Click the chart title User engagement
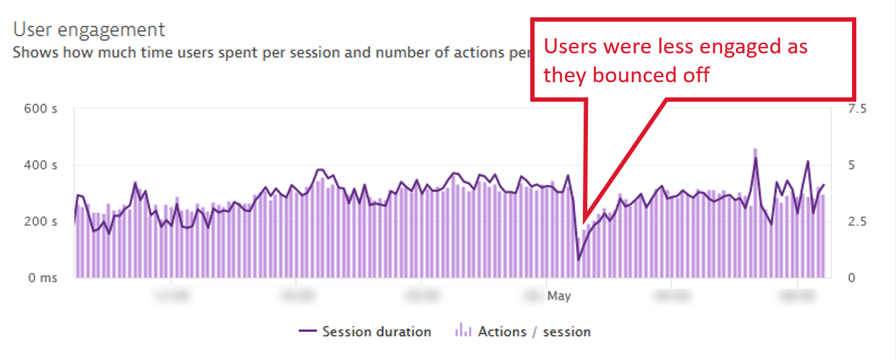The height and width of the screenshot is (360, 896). point(89,30)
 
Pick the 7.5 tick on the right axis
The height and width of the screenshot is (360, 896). point(840,109)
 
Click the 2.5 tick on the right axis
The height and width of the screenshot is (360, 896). point(840,221)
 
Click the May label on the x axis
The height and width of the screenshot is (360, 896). point(558,296)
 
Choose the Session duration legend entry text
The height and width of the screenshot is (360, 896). point(377,332)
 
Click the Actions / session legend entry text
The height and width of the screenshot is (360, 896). point(535,332)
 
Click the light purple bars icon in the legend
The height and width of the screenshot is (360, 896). point(464,332)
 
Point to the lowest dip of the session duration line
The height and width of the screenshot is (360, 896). point(579,259)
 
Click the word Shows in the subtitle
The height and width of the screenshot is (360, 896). point(32,53)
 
